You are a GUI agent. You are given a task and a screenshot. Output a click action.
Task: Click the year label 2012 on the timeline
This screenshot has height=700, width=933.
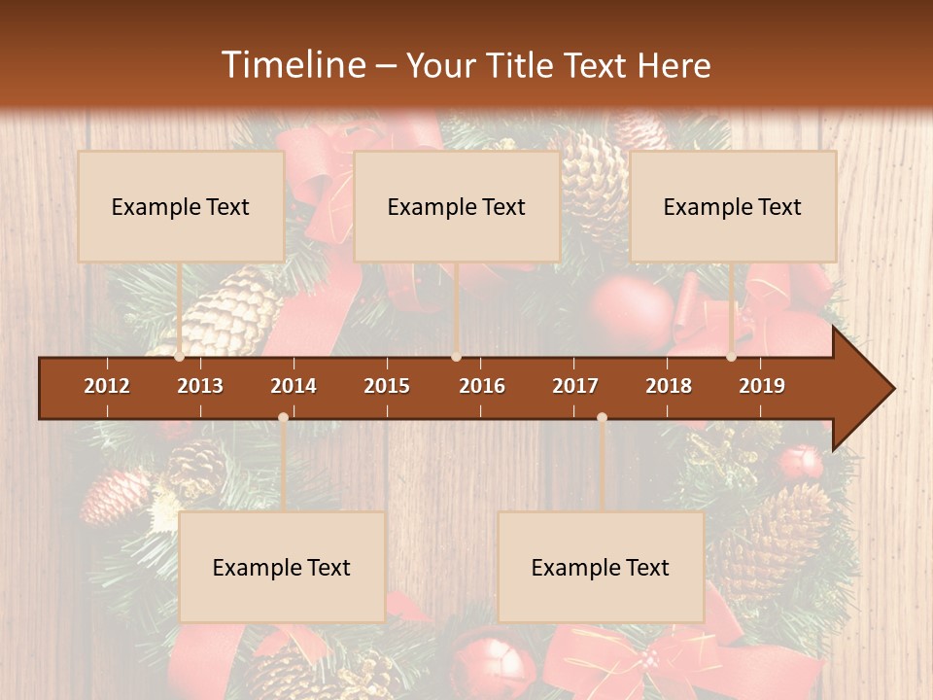pos(107,386)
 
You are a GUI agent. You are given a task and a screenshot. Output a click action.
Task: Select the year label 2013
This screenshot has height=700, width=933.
pos(200,386)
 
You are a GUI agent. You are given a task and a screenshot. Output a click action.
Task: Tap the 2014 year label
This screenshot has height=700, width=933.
pos(294,386)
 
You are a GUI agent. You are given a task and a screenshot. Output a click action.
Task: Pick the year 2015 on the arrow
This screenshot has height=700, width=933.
pos(387,386)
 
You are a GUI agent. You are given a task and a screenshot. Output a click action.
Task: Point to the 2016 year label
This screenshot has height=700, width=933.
pos(482,386)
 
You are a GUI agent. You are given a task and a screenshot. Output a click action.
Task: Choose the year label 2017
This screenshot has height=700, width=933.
pos(575,386)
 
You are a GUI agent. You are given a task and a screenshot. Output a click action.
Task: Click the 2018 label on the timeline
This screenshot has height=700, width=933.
pos(669,386)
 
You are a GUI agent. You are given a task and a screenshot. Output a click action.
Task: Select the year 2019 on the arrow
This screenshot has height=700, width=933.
pos(762,386)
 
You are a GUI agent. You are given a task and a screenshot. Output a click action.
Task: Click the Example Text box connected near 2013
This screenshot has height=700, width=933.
pos(181,206)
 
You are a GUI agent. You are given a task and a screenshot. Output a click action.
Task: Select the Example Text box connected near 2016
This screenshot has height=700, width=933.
pos(457,206)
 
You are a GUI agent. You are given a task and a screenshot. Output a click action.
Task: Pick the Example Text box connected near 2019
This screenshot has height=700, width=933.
pos(733,206)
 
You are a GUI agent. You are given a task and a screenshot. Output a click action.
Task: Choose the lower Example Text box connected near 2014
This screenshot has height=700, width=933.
pos(282,567)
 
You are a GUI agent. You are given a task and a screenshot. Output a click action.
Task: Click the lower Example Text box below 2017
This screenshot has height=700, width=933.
pos(601,567)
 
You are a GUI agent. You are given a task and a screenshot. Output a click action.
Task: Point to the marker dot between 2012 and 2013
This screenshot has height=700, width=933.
pos(180,357)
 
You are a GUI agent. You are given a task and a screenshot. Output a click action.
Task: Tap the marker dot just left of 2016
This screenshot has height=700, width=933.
pos(456,357)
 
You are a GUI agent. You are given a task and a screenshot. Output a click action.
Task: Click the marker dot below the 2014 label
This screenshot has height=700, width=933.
pos(283,418)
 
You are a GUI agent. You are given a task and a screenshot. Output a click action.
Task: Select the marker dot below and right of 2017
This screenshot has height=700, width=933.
pos(602,418)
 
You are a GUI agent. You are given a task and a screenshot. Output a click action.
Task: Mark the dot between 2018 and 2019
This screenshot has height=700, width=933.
pos(732,357)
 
